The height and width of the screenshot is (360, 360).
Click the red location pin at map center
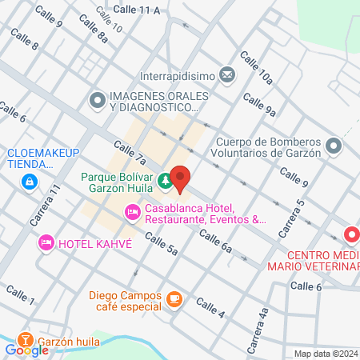(180, 178)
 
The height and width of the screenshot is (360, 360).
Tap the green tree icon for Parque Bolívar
(165, 182)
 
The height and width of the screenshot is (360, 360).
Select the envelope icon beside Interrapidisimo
(227, 76)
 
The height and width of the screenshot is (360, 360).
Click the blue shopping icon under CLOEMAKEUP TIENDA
(30, 182)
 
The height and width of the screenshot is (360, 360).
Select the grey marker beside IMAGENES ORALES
(98, 102)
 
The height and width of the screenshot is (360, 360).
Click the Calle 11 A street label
(137, 10)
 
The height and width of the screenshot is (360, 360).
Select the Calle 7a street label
(130, 151)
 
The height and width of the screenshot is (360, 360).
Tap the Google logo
(26, 350)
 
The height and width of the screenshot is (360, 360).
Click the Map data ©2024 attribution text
(326, 354)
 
